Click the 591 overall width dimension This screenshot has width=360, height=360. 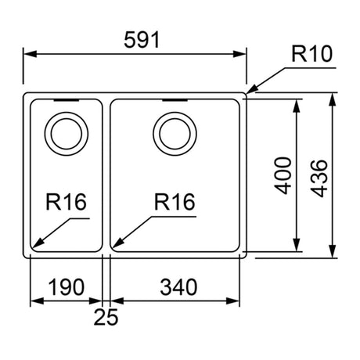[x=142, y=40]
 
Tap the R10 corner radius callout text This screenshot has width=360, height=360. [x=311, y=54]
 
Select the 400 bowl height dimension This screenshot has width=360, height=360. [x=283, y=175]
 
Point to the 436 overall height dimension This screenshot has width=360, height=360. [x=319, y=178]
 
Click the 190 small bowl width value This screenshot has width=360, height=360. [x=67, y=287]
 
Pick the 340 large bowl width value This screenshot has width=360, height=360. [x=178, y=287]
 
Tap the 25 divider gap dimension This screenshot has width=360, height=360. [x=106, y=317]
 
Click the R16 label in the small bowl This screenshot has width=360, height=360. [x=66, y=202]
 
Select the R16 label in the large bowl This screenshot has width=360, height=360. [x=175, y=202]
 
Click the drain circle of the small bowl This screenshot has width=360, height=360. [x=67, y=112]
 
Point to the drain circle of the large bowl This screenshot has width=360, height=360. [x=175, y=112]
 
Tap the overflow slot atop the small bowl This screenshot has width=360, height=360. [x=67, y=100]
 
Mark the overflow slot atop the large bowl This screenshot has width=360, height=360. [x=175, y=100]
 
